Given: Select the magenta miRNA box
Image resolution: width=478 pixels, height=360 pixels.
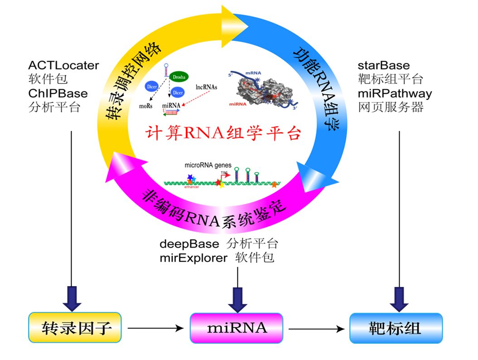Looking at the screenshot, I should click(x=237, y=327).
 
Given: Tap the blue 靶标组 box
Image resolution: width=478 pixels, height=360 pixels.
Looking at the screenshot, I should click(x=396, y=328).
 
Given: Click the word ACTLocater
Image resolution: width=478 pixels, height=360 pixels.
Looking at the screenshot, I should click(x=63, y=65).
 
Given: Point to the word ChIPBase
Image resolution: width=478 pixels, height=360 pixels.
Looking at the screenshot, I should click(x=58, y=93).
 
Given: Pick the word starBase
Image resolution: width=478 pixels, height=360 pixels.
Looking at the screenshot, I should click(x=383, y=65).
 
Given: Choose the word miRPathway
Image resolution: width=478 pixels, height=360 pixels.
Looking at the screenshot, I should click(x=395, y=93).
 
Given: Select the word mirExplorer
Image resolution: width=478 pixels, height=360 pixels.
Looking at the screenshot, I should click(x=193, y=258).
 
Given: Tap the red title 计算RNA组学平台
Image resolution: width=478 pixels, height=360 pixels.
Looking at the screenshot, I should click(x=223, y=133).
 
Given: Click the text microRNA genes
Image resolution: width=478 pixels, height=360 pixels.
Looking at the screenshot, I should click(x=208, y=165).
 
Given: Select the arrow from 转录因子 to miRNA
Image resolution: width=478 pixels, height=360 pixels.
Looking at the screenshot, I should click(x=154, y=328).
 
